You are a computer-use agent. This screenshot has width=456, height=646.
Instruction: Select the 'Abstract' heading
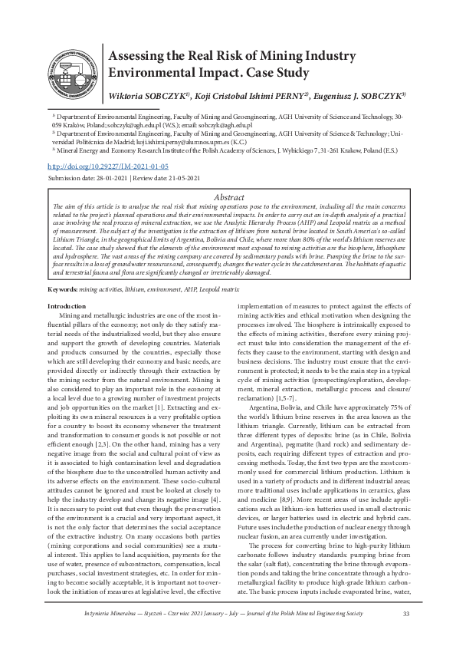228,198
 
